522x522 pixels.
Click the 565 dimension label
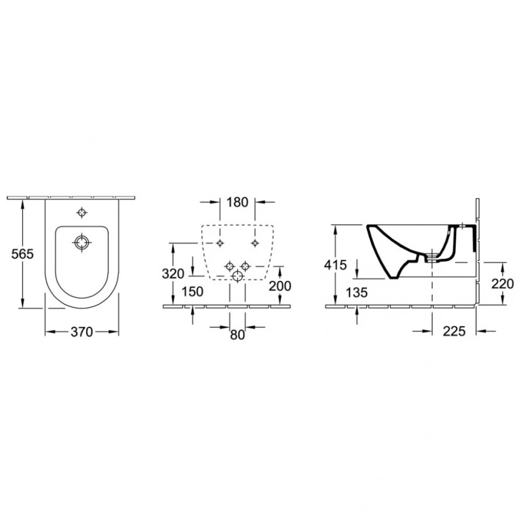23,254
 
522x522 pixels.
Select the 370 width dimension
81,332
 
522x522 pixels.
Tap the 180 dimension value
237,202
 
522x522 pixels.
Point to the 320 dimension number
173,274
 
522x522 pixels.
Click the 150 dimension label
192,292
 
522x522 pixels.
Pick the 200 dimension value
280,286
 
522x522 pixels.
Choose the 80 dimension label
237,335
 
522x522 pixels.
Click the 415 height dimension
336,265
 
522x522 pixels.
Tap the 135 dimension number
357,292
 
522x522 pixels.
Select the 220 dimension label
503,284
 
